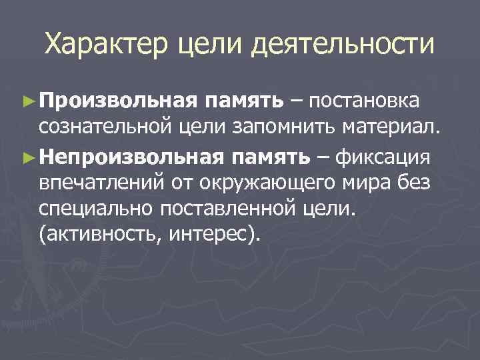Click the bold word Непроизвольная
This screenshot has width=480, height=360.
point(135,157)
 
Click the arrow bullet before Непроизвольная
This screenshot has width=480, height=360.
point(27,158)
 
